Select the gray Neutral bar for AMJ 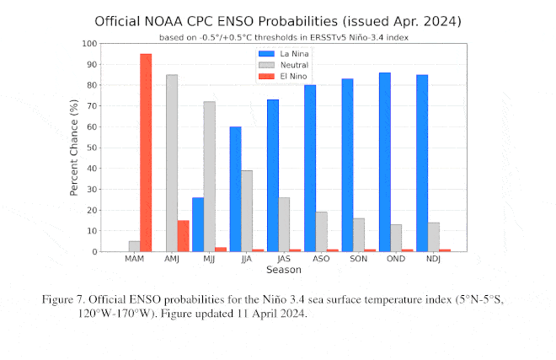tap(172, 163)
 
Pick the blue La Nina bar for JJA tap(235, 189)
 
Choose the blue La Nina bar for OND tap(384, 162)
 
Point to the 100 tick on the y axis tap(88, 43)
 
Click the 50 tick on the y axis tap(91, 148)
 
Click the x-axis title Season tap(283, 270)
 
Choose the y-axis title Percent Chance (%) tap(74, 148)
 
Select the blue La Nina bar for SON tap(347, 165)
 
